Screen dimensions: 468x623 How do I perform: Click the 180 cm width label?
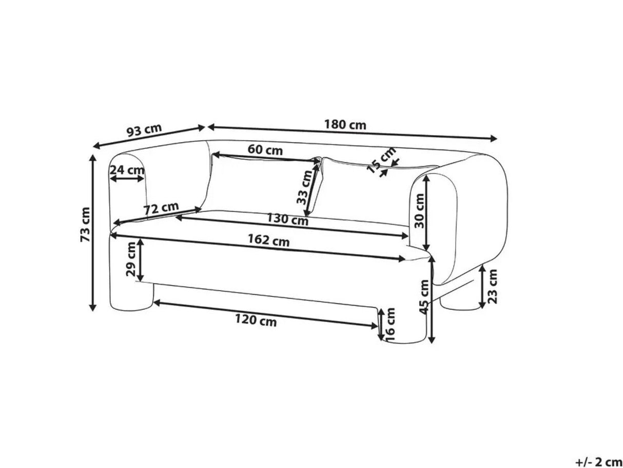point(345,125)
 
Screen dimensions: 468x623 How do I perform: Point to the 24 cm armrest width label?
point(126,170)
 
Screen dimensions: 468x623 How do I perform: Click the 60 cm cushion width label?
point(265,150)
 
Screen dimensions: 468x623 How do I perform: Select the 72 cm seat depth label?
point(161,208)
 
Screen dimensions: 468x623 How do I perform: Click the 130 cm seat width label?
point(287,220)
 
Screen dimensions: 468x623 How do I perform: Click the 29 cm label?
point(130,260)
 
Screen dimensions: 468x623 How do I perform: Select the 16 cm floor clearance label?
point(391,324)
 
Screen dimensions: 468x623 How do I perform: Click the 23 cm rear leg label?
point(493,287)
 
